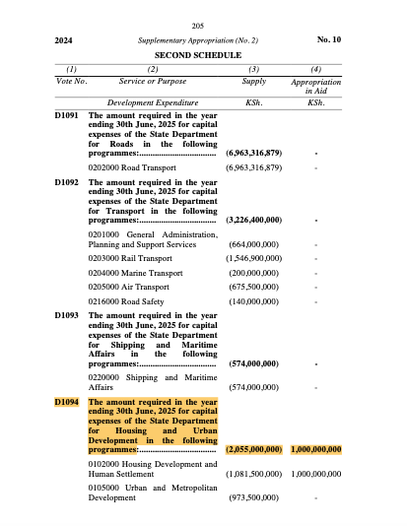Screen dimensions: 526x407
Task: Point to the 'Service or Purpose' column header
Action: (153, 80)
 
